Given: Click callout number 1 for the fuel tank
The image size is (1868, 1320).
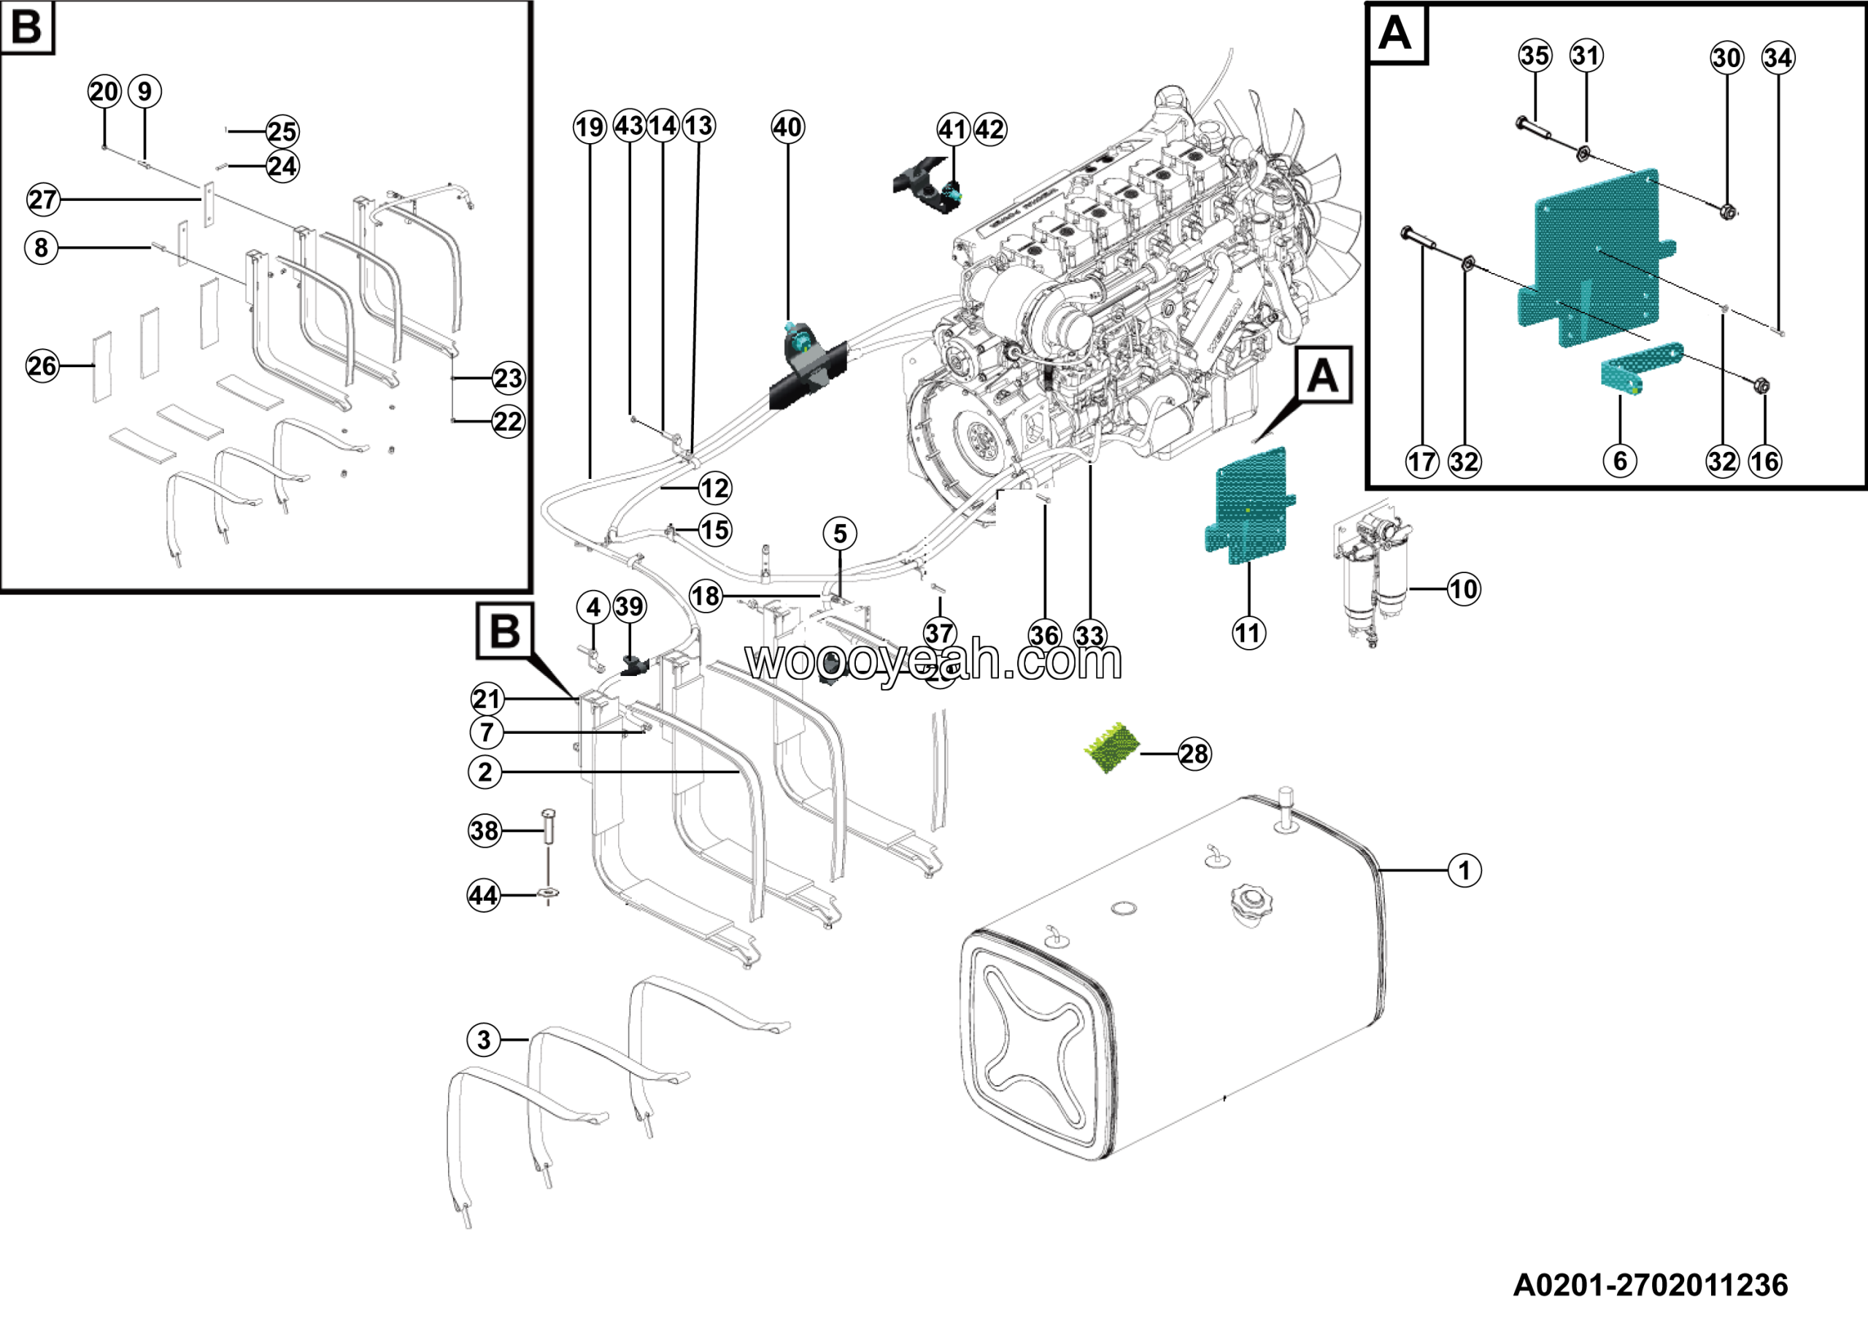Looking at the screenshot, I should tap(1464, 870).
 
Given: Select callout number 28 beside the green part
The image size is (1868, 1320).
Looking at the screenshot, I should tap(1194, 753).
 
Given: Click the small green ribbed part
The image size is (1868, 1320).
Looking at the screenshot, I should tap(1114, 746).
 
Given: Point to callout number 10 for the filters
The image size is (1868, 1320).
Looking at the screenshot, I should tap(1463, 588).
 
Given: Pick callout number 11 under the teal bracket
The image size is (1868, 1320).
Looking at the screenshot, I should tap(1248, 632).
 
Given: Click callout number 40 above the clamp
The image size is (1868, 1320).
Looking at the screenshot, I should tap(787, 127).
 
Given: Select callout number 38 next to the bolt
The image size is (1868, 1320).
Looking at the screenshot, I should tap(485, 830).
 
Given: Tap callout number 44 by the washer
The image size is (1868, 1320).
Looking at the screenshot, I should tap(483, 895).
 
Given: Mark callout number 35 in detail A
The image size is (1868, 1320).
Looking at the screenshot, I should tap(1535, 55).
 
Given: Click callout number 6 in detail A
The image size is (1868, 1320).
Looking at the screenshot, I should tap(1620, 461).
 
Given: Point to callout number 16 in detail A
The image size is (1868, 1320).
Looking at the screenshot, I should tap(1764, 461).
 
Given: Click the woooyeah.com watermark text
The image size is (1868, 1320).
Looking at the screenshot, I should tap(934, 661).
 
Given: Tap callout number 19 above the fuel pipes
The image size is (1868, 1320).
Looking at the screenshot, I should tap(590, 127).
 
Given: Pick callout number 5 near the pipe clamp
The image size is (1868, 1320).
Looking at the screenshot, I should tap(840, 534).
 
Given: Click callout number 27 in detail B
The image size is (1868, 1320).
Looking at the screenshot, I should tap(43, 199).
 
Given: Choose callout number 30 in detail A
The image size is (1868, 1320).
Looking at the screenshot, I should tap(1726, 58).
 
